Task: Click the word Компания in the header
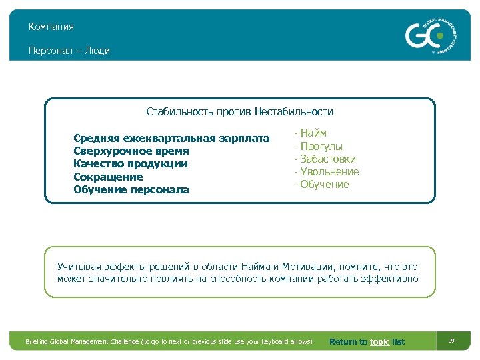(x=51, y=27)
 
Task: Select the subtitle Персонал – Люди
(x=69, y=51)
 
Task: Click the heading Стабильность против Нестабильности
(x=239, y=112)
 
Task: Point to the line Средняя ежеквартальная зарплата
(x=171, y=139)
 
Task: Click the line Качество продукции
(x=131, y=164)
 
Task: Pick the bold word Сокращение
(x=108, y=177)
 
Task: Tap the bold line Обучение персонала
(x=131, y=190)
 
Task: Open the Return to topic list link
(x=367, y=342)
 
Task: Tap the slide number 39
(x=451, y=341)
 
